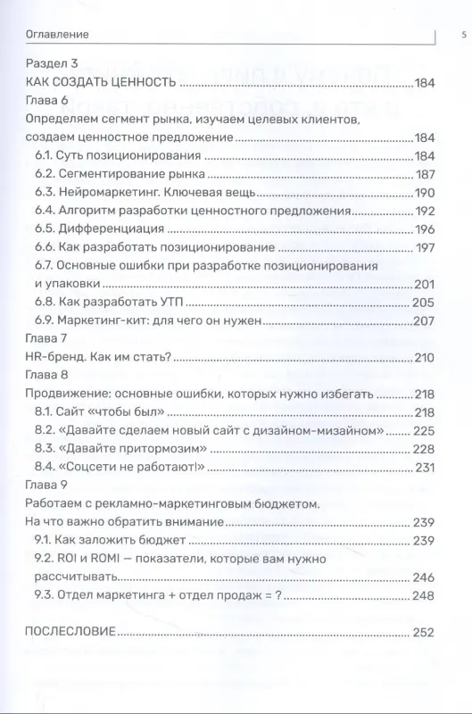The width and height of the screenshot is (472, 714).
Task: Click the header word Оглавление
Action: click(52, 35)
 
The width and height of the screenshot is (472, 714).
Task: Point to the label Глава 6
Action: click(46, 99)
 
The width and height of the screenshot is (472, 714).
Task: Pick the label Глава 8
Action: click(46, 375)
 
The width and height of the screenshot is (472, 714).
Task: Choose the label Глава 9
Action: click(46, 486)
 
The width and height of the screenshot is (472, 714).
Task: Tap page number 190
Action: click(424, 192)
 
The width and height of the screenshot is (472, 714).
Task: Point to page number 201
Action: click(424, 284)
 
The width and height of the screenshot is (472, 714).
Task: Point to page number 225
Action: click(423, 430)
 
